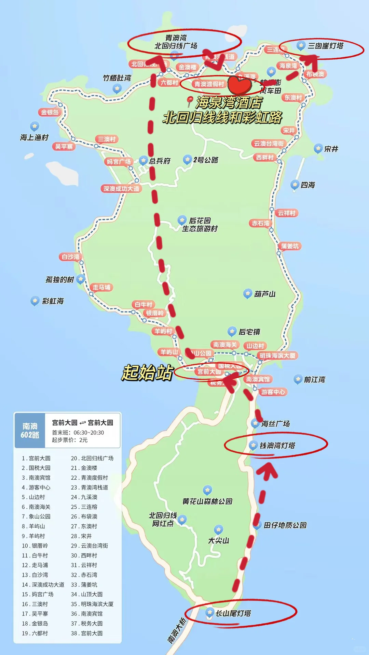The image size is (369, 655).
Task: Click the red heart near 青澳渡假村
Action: point(240,86)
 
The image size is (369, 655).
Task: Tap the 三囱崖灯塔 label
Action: point(326,46)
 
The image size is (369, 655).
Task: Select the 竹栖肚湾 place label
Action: point(117,78)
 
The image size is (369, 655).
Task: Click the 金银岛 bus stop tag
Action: point(50,112)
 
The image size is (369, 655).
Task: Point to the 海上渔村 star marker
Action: point(35,126)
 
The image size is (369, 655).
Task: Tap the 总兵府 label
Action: point(160,161)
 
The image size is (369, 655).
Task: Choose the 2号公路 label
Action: point(206,160)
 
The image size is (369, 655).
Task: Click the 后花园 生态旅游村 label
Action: point(200,224)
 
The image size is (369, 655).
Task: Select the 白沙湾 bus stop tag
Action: point(71,257)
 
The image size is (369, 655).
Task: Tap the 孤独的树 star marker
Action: point(81,279)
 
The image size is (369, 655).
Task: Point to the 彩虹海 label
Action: point(53,301)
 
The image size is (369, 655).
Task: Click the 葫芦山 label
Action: point(265,294)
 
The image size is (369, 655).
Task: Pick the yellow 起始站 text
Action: point(148,372)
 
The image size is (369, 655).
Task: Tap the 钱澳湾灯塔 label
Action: point(277,446)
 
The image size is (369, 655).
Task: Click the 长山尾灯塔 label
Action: point(233,613)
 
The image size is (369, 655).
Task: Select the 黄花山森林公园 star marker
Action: point(207,490)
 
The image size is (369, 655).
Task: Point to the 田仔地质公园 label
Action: point(285,525)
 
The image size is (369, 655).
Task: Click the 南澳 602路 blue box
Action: point(30,431)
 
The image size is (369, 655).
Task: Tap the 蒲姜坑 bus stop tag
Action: point(290,246)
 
